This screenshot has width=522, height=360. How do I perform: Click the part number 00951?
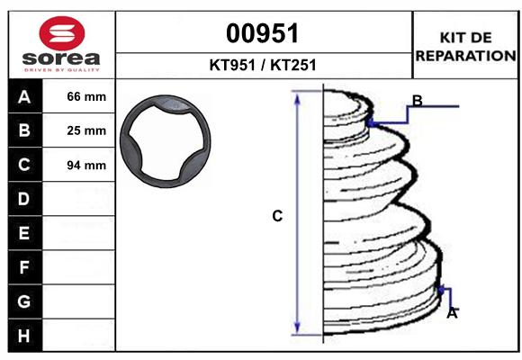[263, 33]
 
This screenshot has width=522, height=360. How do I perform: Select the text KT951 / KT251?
[263, 66]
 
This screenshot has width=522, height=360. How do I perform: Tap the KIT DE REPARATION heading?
[465, 46]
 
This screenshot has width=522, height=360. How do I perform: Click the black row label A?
[23, 96]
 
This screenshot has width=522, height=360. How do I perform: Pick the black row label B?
[23, 130]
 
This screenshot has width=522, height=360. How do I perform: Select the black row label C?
[23, 165]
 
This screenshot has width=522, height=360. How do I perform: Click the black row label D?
[23, 199]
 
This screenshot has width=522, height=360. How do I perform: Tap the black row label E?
[23, 233]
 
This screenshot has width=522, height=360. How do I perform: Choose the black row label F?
[23, 267]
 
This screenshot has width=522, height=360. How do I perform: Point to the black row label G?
[23, 301]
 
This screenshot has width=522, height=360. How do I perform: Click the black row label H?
[23, 335]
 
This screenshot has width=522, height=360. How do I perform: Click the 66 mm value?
[86, 96]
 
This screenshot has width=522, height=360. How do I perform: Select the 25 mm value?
[86, 130]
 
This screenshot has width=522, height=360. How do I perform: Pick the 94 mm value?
[86, 165]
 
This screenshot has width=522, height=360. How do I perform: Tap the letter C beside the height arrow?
[278, 216]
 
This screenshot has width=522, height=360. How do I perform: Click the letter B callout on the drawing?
[417, 100]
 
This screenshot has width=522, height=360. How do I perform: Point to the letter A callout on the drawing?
[452, 313]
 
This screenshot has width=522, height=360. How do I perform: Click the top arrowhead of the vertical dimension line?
[298, 97]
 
